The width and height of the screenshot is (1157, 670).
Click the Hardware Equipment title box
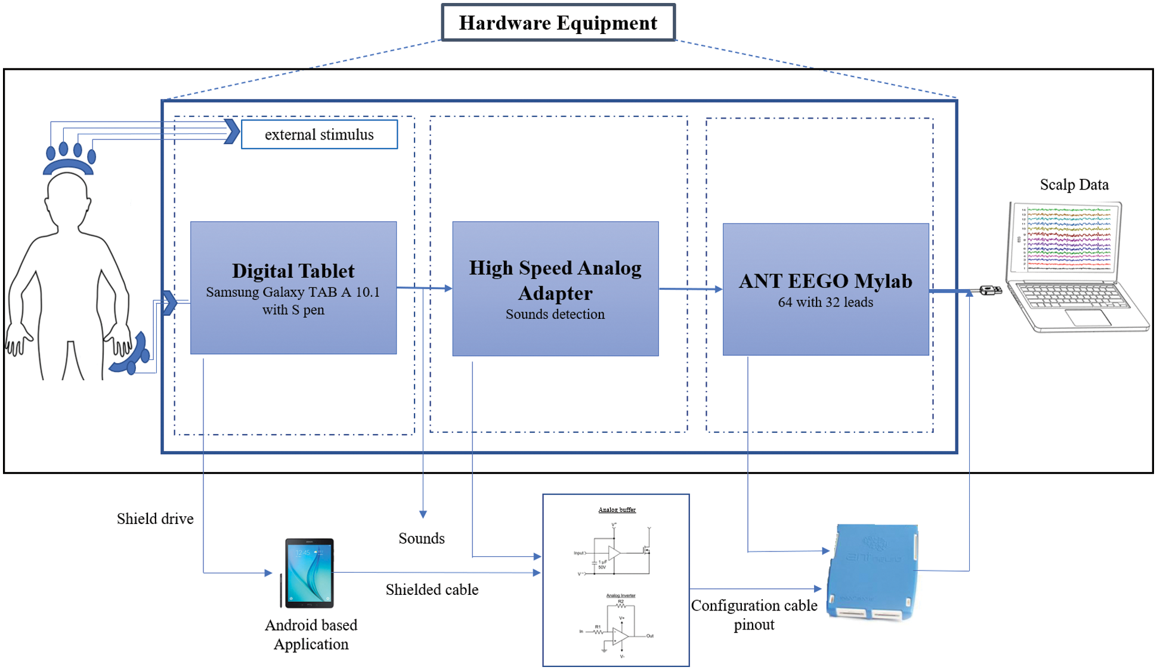click(x=558, y=23)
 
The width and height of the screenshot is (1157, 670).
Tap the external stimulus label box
click(x=319, y=135)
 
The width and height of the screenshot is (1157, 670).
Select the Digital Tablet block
click(x=293, y=288)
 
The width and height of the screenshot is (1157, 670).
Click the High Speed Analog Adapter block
click(x=555, y=289)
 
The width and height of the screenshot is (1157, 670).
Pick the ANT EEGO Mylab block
click(x=825, y=290)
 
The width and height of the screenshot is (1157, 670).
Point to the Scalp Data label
click(x=1074, y=185)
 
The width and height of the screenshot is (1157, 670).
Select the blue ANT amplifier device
click(x=872, y=572)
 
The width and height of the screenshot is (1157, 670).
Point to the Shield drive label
click(x=155, y=519)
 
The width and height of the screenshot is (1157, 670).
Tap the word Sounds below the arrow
click(x=422, y=538)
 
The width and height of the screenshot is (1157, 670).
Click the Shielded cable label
click(x=432, y=590)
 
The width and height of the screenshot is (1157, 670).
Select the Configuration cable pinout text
click(x=754, y=615)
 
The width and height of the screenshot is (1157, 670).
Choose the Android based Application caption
click(x=311, y=634)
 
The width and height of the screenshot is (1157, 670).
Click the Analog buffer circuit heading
click(x=617, y=510)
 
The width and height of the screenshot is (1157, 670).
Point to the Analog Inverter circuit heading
click(x=620, y=595)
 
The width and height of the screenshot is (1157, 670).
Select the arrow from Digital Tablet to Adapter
click(x=424, y=289)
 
